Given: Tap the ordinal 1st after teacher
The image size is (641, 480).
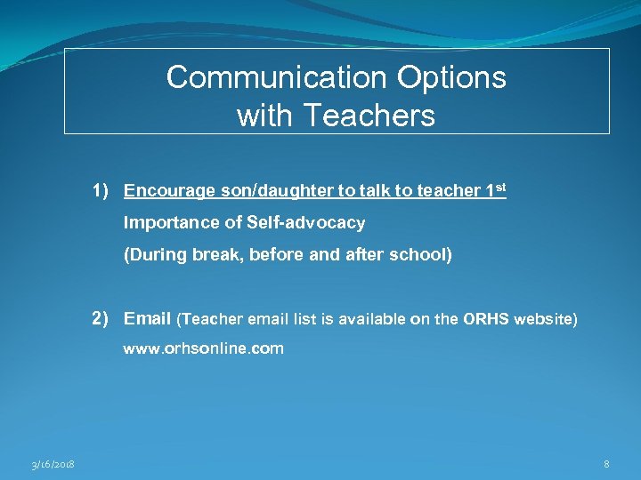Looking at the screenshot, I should [x=495, y=190].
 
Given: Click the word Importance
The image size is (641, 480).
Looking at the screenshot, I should [x=163, y=222].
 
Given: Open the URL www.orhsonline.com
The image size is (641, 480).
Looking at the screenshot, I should [x=203, y=349].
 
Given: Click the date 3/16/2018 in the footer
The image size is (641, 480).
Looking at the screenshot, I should [x=53, y=465].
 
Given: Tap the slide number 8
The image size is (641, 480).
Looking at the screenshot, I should [x=606, y=464].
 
